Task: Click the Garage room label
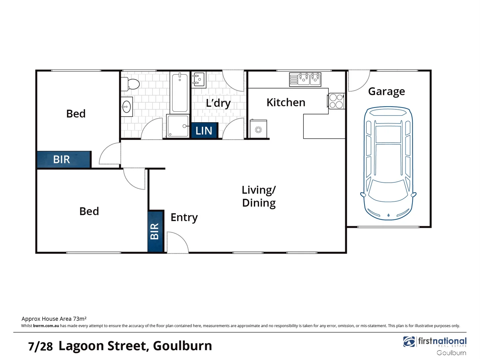(386, 91)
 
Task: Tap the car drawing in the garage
(388, 163)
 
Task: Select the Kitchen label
(286, 102)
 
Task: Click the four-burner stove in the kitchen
(336, 101)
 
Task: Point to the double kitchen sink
(305, 79)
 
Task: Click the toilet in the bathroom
(130, 84)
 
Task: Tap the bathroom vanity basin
(127, 107)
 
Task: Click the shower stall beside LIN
(178, 126)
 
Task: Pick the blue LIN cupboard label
(204, 131)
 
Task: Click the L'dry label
(218, 103)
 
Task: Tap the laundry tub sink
(199, 80)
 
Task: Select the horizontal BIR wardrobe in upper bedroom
(63, 159)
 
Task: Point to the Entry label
(184, 217)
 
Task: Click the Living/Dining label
(259, 196)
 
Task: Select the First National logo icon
(409, 342)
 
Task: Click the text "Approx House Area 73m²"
(54, 319)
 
